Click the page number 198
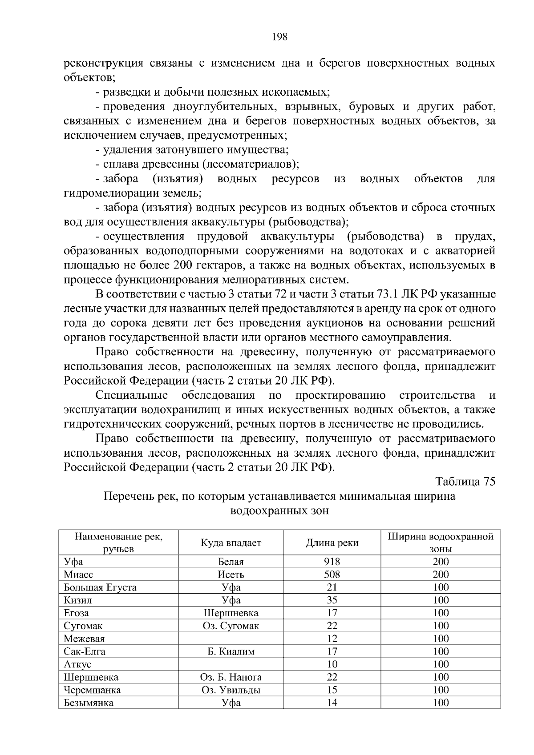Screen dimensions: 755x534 [x=279, y=37]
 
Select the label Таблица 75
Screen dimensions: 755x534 [x=465, y=482]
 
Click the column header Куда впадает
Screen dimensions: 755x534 [x=231, y=542]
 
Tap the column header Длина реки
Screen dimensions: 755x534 [x=332, y=542]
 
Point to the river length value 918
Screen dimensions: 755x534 [x=332, y=562]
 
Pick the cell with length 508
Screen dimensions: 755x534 [x=332, y=574]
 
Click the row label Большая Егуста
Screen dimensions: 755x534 [x=100, y=587]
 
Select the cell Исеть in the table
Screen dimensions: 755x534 [x=231, y=574]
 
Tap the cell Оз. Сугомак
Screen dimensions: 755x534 [x=231, y=626]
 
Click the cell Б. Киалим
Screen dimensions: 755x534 [x=231, y=652]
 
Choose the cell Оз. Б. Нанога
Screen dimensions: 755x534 [x=231, y=678]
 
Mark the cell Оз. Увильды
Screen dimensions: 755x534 [x=231, y=691]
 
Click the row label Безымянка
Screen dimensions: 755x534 [x=89, y=703]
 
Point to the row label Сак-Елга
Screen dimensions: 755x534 [x=85, y=652]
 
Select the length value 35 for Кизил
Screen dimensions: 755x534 [x=332, y=600]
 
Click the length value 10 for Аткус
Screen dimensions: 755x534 [x=332, y=665]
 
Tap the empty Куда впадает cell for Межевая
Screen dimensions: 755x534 [x=231, y=639]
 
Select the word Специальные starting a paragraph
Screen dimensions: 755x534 [x=132, y=395]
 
